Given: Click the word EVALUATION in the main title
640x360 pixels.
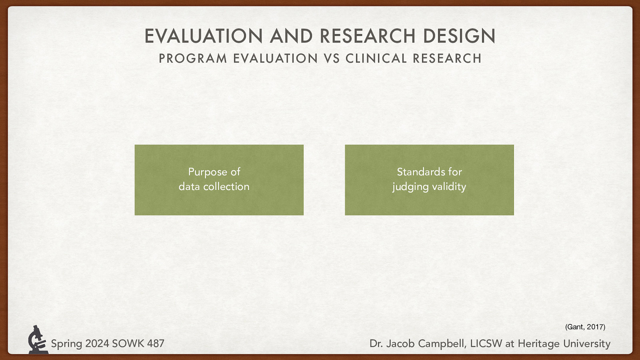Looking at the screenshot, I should (204, 36).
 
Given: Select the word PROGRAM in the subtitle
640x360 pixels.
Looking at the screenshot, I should (193, 58).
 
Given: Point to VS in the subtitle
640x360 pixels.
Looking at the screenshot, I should (332, 58).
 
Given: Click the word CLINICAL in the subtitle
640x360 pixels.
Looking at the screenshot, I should (376, 58).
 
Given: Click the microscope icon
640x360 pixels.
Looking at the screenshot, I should (38, 340).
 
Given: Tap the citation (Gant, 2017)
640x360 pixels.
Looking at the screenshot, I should (585, 327).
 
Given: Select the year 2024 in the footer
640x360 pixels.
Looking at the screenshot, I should (97, 344).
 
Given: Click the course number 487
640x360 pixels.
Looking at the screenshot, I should (156, 344).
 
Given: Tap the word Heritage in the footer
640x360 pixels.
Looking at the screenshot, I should (538, 344).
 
